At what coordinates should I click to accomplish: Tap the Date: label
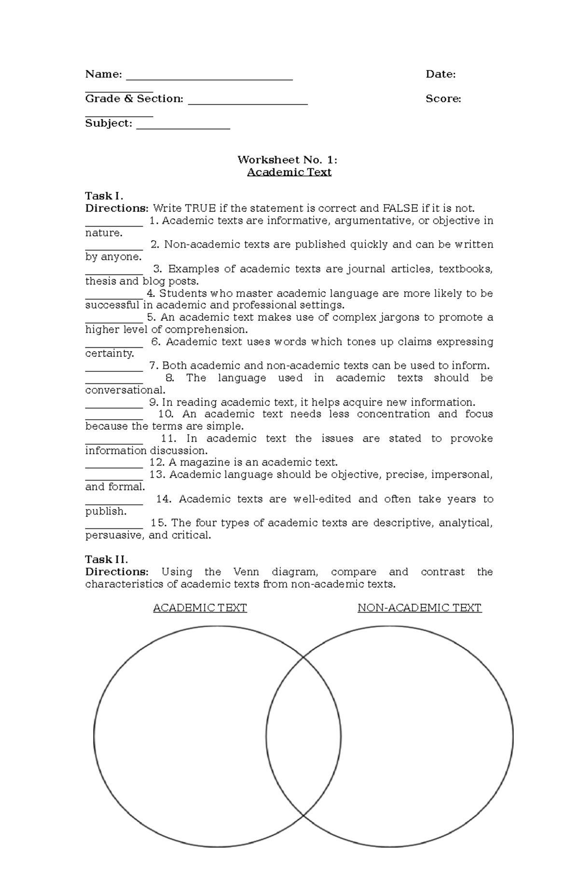pyautogui.click(x=440, y=74)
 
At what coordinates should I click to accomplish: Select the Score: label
pyautogui.click(x=443, y=99)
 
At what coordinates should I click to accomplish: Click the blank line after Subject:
pyautogui.click(x=183, y=127)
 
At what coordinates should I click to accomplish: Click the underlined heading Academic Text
pyautogui.click(x=289, y=172)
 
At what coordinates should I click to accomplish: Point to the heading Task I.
pyautogui.click(x=104, y=196)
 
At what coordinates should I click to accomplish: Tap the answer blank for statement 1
pyautogui.click(x=114, y=224)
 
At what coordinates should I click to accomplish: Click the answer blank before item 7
pyautogui.click(x=114, y=369)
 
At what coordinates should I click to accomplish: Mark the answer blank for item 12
pyautogui.click(x=114, y=466)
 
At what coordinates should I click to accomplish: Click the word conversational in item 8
pyautogui.click(x=125, y=390)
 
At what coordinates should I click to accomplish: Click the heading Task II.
pyautogui.click(x=106, y=559)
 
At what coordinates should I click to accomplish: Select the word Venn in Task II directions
pyautogui.click(x=246, y=572)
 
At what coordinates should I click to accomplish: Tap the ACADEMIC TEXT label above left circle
pyautogui.click(x=200, y=608)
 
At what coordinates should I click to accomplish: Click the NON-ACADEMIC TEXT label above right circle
pyautogui.click(x=419, y=608)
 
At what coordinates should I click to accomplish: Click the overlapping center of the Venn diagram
pyautogui.click(x=303, y=736)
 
